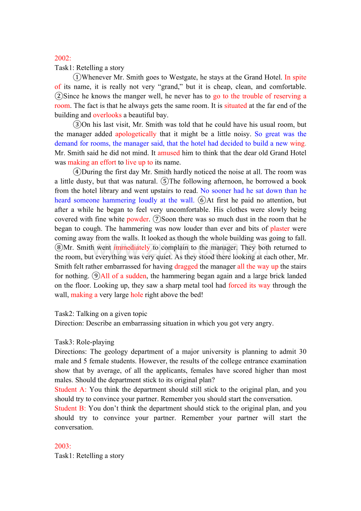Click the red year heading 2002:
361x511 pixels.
point(63,58)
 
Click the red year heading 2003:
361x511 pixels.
point(63,446)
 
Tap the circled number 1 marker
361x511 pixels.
point(77,77)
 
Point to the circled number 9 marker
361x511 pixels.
point(96,276)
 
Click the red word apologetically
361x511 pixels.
point(136,134)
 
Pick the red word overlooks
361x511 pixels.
point(107,115)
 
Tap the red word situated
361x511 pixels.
point(235,106)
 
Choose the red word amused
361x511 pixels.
point(168,153)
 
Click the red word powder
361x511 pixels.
point(138,219)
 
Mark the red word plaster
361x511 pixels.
point(280,228)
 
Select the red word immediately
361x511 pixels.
point(131,248)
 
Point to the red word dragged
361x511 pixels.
point(186,266)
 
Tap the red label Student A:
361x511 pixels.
point(71,389)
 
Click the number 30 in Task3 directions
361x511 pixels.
point(303,352)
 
